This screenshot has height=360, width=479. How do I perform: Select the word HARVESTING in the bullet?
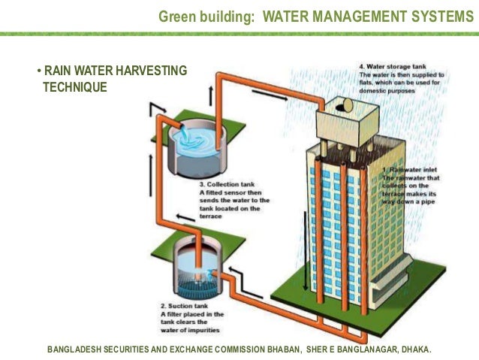tap(147, 71)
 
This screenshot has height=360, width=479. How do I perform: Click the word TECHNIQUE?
tap(74, 87)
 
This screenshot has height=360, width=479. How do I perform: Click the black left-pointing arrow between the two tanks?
tap(170, 218)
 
